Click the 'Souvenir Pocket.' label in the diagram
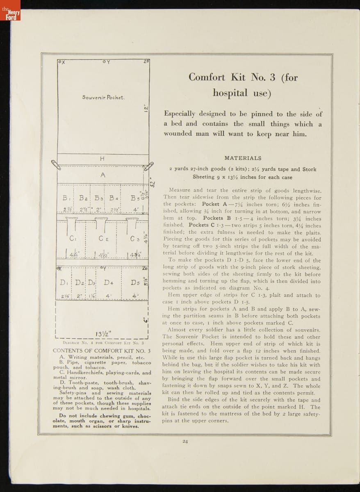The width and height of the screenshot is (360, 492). tap(103, 98)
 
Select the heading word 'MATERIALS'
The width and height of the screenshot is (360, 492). tap(243, 158)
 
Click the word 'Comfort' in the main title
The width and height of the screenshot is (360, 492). tap(207, 77)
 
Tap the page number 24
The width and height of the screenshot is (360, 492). tap(185, 442)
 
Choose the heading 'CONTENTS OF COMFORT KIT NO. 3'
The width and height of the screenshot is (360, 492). tap(102, 351)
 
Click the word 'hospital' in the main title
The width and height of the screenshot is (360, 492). tap(230, 93)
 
